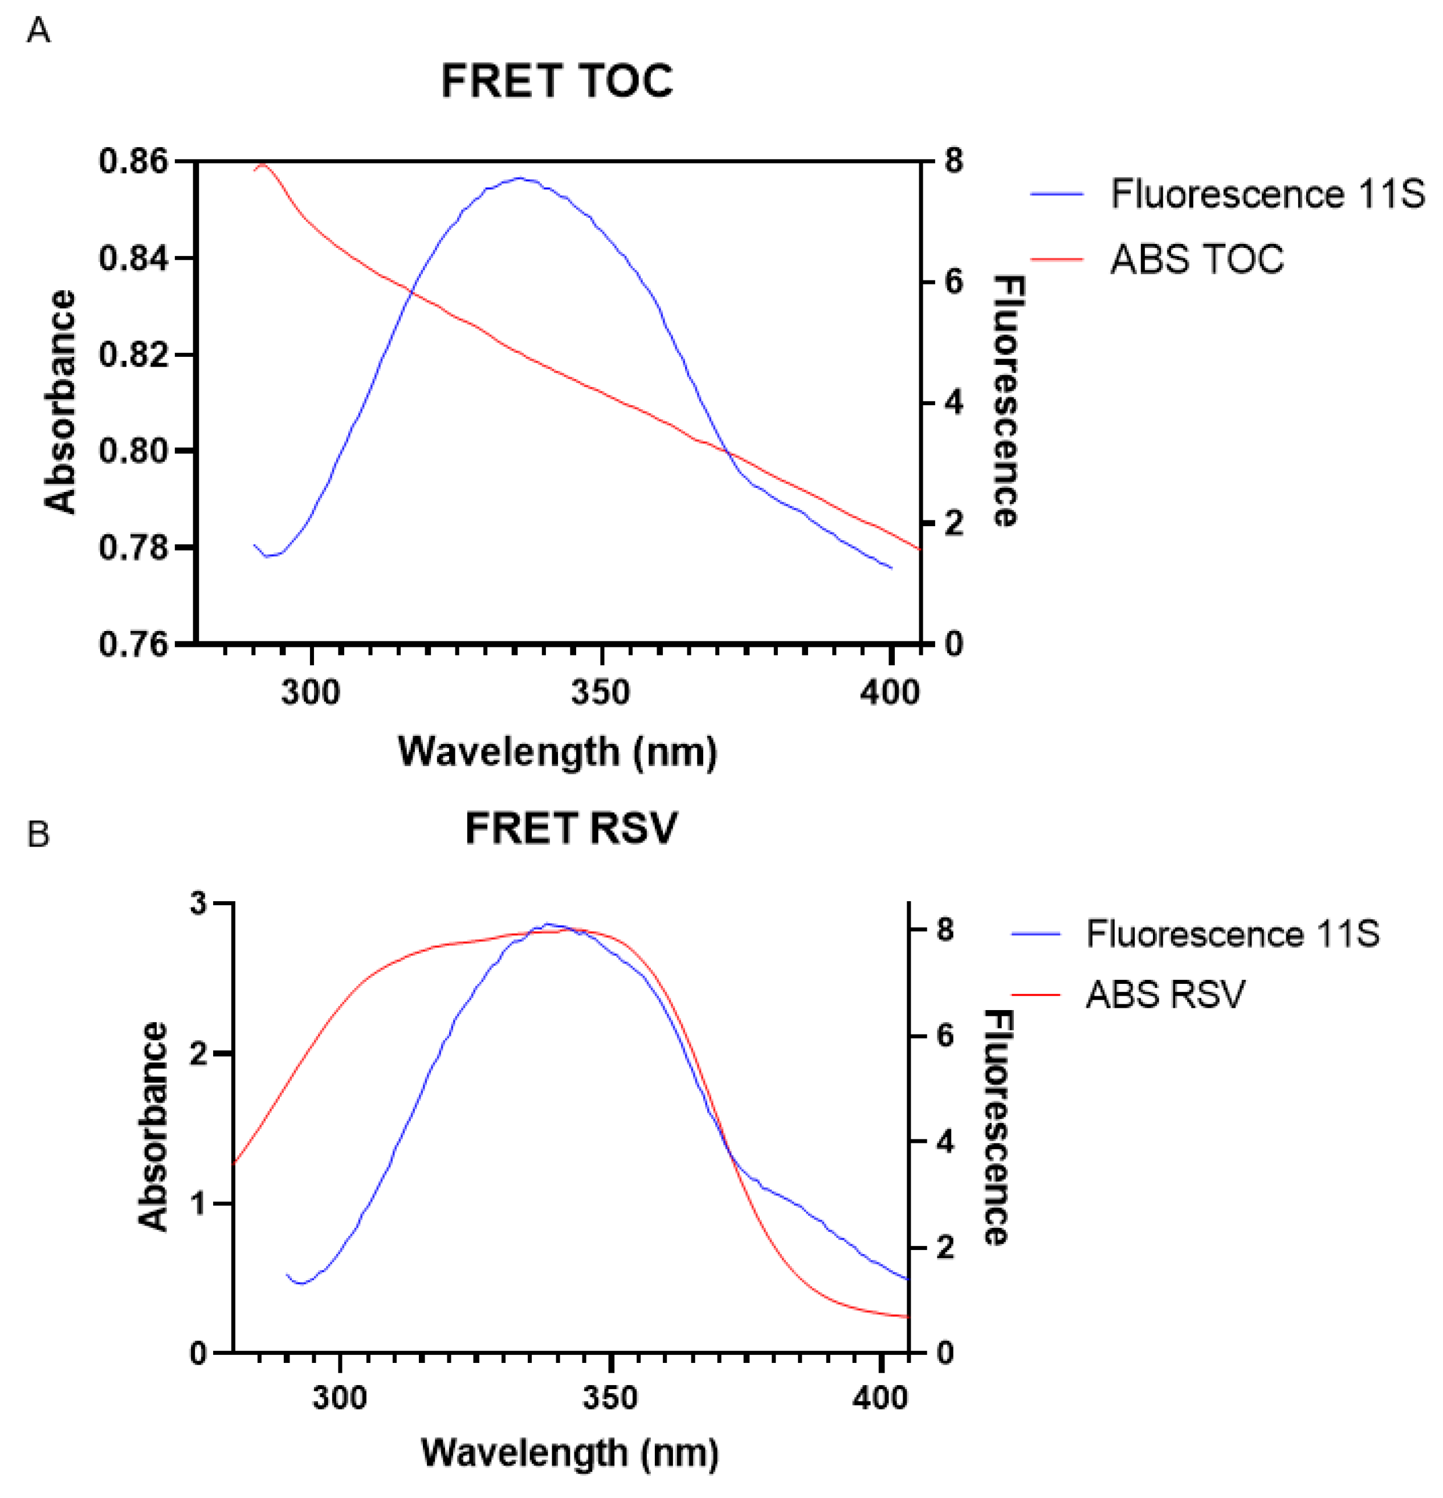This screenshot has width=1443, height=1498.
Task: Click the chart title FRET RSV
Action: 571,828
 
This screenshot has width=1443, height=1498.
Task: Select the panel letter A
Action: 38,31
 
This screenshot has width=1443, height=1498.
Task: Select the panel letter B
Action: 38,834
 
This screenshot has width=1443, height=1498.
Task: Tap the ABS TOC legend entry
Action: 1196,259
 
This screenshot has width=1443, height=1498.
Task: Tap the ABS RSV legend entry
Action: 1165,994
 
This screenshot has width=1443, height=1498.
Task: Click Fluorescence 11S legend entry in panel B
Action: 1232,933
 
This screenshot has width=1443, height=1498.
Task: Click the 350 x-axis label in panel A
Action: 601,693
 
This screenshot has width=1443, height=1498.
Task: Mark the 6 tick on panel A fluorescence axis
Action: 953,282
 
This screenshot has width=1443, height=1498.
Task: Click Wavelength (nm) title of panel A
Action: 557,752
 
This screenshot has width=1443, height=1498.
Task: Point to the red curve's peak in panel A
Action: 263,164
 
